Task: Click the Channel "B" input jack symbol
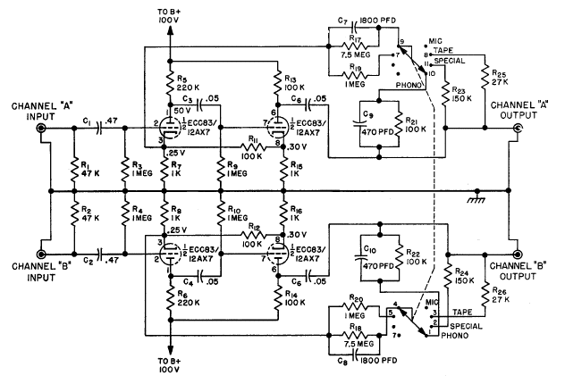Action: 41,254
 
